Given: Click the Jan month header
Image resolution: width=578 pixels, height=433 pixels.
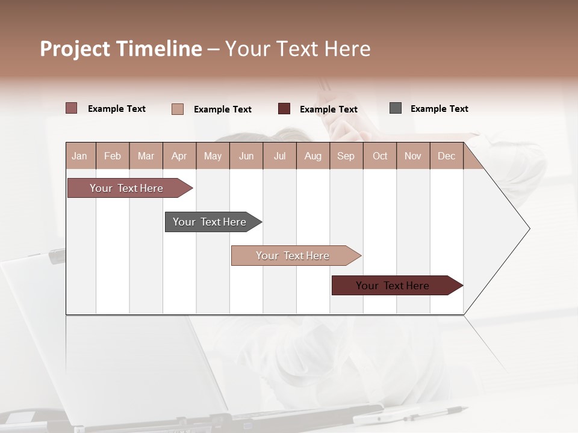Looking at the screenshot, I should click(x=79, y=156).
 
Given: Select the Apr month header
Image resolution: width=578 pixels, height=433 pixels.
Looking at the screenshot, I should click(x=179, y=156).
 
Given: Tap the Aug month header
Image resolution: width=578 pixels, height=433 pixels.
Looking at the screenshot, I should click(x=312, y=156).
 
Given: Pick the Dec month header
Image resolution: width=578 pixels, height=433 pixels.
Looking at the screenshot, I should click(x=446, y=156).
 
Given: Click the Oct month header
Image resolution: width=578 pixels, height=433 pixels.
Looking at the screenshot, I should click(x=380, y=156).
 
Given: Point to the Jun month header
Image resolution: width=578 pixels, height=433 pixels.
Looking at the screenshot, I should click(x=246, y=156).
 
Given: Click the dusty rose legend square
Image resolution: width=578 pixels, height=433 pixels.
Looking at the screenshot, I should click(x=72, y=108).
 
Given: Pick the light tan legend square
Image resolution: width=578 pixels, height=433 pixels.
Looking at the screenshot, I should click(x=178, y=109).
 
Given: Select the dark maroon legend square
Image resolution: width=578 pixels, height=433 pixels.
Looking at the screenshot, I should click(x=284, y=109).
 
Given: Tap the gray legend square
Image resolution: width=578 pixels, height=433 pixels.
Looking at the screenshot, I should click(x=396, y=108).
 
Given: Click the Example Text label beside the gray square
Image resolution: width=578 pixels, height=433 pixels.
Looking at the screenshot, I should click(x=439, y=108).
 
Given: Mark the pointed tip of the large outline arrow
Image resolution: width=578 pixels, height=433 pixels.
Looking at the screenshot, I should click(x=529, y=229).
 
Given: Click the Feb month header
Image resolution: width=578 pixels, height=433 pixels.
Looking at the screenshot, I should click(x=113, y=156).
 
